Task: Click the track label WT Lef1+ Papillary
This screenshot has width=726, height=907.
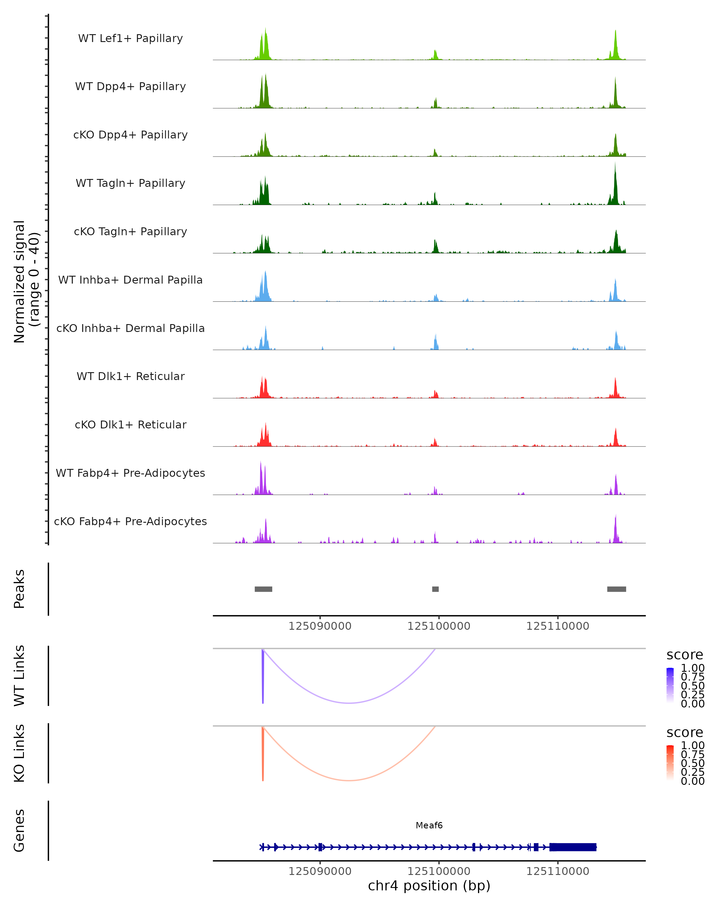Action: (130, 38)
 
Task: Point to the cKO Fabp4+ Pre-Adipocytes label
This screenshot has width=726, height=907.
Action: (130, 521)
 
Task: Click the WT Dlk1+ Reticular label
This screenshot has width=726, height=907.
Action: (130, 376)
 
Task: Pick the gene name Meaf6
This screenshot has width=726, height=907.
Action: (429, 825)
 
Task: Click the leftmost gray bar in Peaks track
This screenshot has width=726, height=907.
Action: (263, 589)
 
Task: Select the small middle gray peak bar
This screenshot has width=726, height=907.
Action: (435, 589)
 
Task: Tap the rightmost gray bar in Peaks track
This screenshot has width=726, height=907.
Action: (616, 589)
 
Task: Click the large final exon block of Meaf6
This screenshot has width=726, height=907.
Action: (573, 847)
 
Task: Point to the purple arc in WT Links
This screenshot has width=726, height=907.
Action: (349, 703)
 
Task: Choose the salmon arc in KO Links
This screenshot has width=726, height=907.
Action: (349, 780)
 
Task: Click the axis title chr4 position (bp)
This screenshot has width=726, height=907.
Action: (429, 886)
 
